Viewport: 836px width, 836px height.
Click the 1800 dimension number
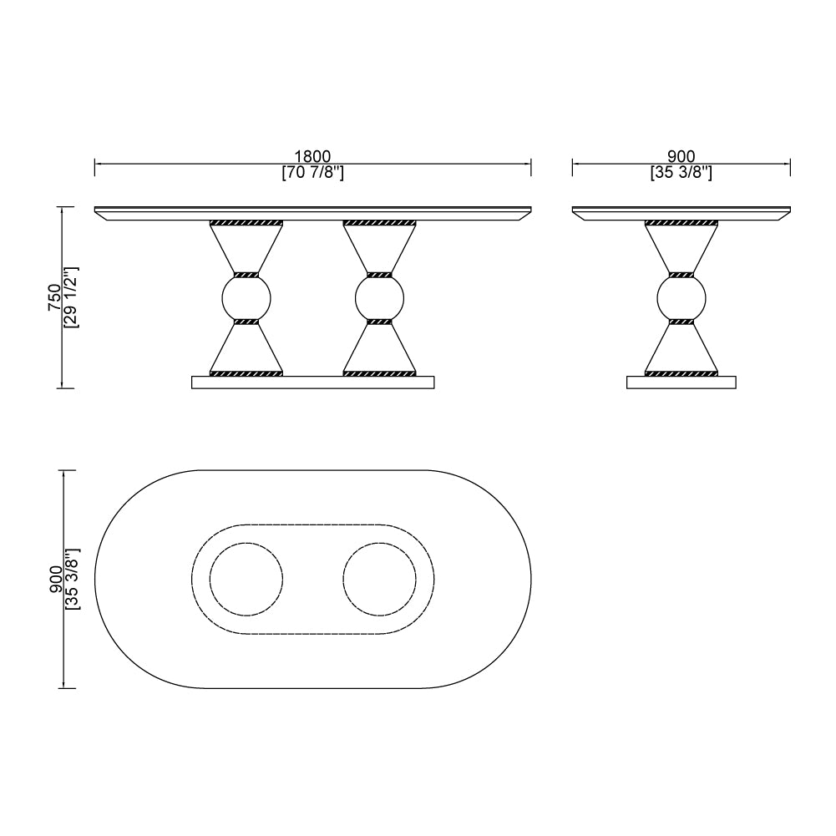tap(312, 156)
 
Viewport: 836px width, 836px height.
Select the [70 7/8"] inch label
tap(312, 173)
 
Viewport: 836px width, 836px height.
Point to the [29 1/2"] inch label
tap(72, 297)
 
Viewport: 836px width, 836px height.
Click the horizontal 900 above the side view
tap(681, 156)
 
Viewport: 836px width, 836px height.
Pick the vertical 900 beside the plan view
tap(55, 579)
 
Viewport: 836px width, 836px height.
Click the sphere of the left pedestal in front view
tap(246, 298)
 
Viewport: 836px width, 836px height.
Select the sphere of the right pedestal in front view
tap(380, 298)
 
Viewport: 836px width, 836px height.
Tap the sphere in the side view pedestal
tap(681, 298)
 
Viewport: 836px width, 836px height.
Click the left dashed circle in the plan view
tap(246, 579)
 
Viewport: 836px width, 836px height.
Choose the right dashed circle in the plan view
tap(380, 579)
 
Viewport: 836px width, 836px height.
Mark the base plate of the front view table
tap(313, 383)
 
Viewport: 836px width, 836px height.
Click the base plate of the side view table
tap(681, 383)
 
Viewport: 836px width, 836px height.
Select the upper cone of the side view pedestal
tap(681, 249)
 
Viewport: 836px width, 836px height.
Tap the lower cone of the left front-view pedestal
tap(246, 347)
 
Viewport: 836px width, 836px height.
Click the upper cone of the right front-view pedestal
tap(380, 249)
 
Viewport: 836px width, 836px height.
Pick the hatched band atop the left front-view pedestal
tap(246, 224)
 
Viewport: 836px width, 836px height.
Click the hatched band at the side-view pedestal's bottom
tap(681, 373)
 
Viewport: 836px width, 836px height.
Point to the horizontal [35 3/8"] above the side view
tap(681, 173)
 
